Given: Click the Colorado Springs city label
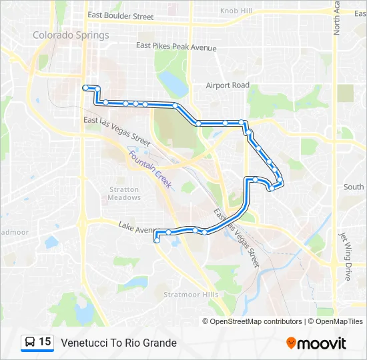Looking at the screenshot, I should pyautogui.click(x=71, y=35).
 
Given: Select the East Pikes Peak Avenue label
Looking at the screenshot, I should pyautogui.click(x=176, y=47).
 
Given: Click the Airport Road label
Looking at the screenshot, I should pyautogui.click(x=227, y=85).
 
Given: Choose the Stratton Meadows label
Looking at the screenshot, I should pyautogui.click(x=124, y=193).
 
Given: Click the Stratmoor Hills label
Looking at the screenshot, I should pyautogui.click(x=191, y=294).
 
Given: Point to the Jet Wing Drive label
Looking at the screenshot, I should pyautogui.click(x=345, y=256).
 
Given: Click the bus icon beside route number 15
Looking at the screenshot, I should pyautogui.click(x=30, y=342).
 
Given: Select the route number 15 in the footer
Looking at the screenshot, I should pyautogui.click(x=45, y=342).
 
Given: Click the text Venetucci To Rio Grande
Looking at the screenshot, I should pyautogui.click(x=119, y=343).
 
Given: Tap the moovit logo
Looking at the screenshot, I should pyautogui.click(x=316, y=343).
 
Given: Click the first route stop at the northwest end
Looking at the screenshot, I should pyautogui.click(x=85, y=87).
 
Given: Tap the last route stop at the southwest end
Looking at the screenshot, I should pyautogui.click(x=157, y=241).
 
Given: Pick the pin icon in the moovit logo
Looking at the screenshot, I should pyautogui.click(x=292, y=343).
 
